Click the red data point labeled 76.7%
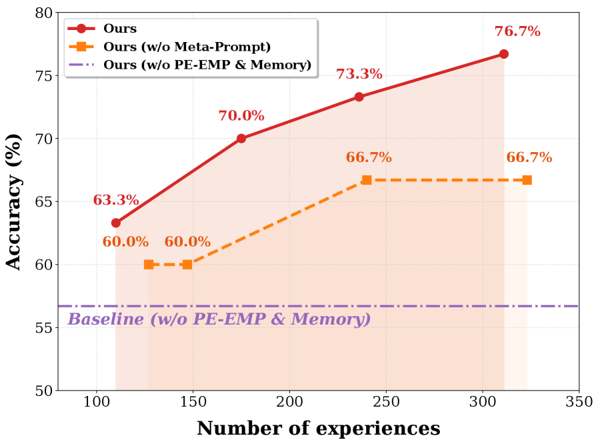(x=503, y=54)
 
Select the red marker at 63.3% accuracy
(x=116, y=223)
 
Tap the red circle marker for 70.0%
(x=241, y=139)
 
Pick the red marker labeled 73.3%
(x=359, y=97)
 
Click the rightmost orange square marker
(x=527, y=180)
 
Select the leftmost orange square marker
(x=149, y=265)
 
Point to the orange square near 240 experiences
(x=367, y=180)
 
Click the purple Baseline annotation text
(x=219, y=319)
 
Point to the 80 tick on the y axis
(x=42, y=13)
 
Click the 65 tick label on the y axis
(x=42, y=202)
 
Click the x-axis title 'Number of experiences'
(x=318, y=428)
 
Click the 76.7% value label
(x=517, y=31)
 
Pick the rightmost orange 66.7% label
(x=529, y=157)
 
